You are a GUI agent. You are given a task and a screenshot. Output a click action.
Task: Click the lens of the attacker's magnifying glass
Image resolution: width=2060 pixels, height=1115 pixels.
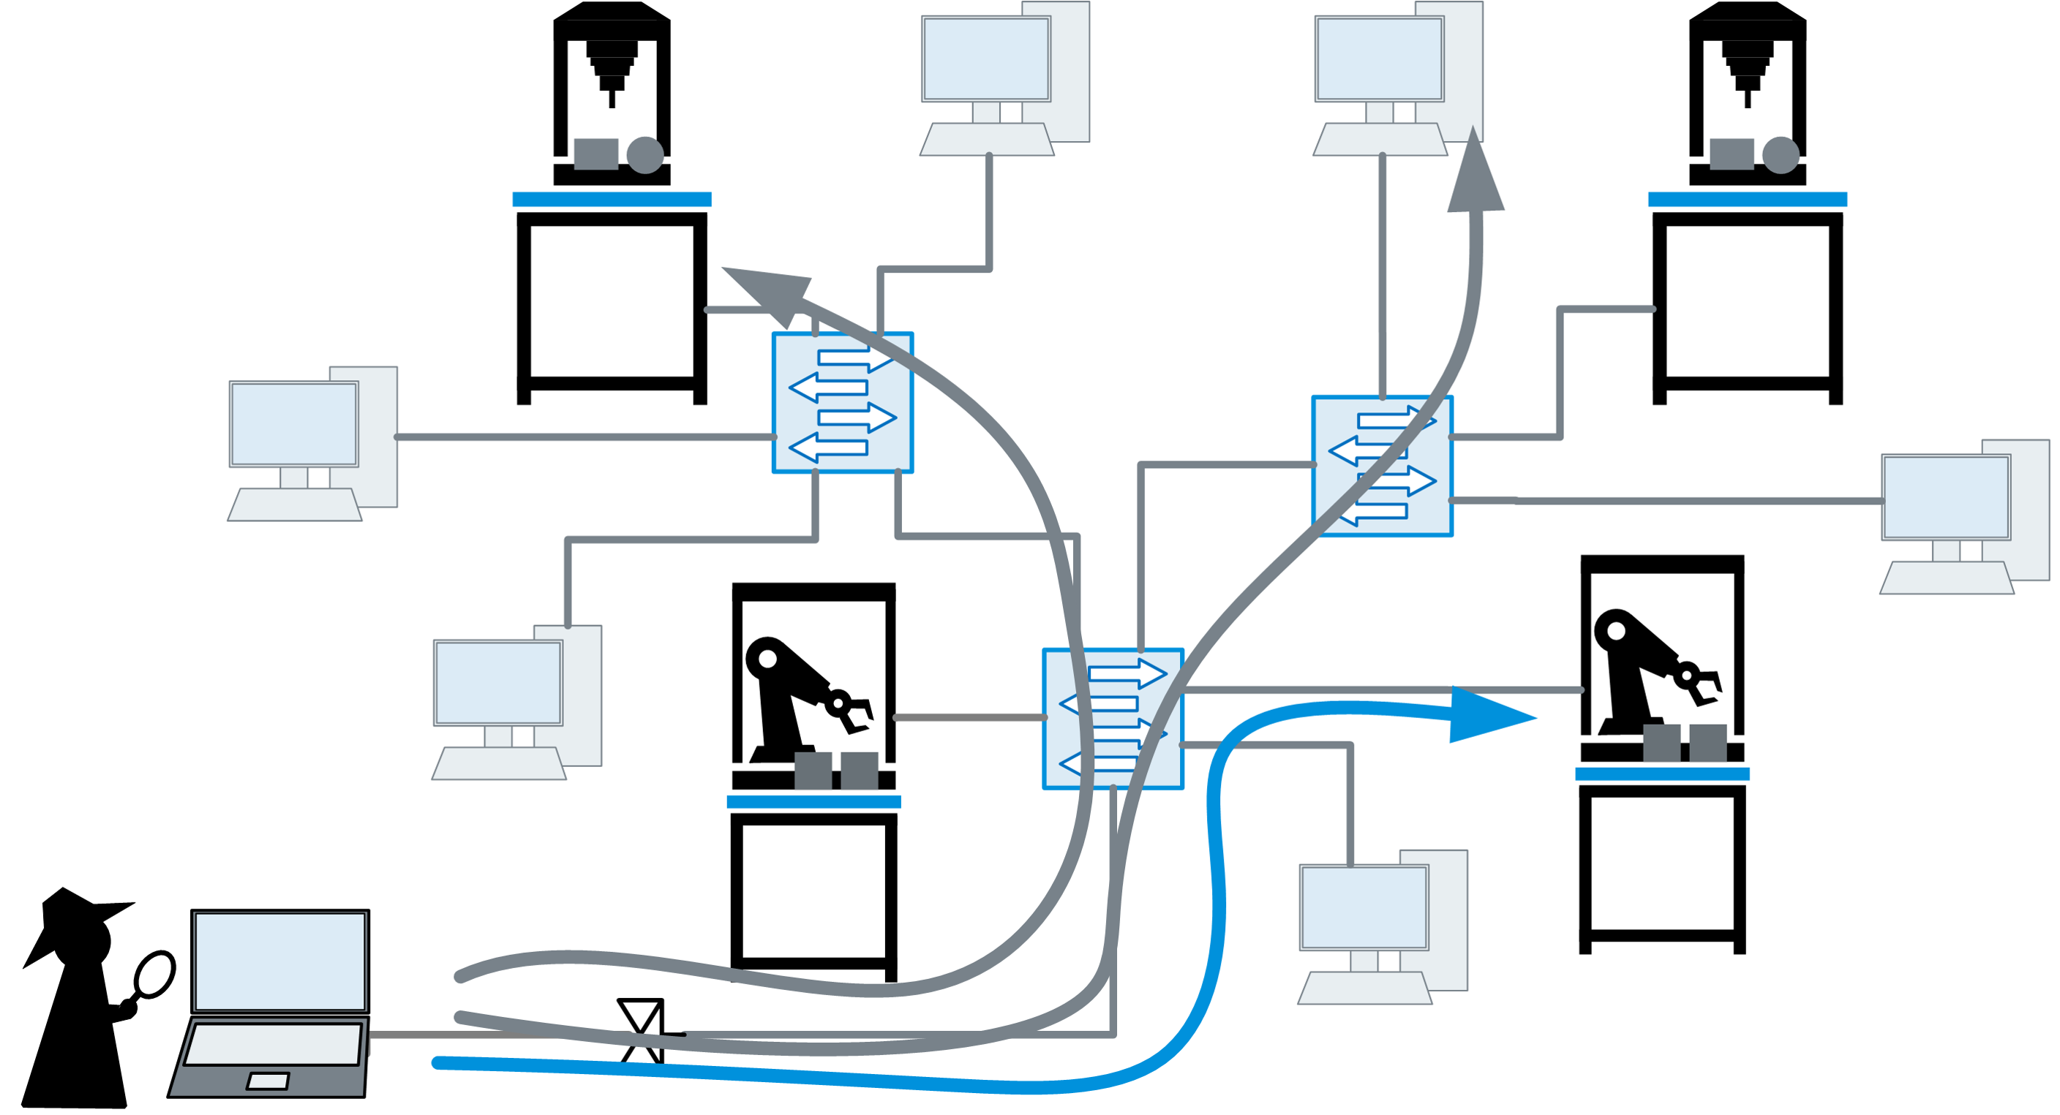click(154, 975)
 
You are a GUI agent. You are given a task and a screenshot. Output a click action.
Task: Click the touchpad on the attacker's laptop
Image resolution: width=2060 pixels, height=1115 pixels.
click(268, 1081)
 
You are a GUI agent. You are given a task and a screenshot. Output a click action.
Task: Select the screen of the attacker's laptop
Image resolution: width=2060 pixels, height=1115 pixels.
click(280, 961)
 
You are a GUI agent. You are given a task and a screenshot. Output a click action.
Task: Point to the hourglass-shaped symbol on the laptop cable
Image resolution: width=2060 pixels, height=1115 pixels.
click(642, 1031)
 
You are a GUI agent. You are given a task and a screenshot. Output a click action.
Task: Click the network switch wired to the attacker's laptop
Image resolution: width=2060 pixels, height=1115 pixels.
click(1113, 719)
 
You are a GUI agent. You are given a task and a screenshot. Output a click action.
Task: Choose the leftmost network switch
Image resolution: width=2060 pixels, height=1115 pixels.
click(842, 402)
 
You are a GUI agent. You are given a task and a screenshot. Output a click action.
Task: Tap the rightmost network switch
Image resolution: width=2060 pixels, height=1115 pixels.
click(1382, 466)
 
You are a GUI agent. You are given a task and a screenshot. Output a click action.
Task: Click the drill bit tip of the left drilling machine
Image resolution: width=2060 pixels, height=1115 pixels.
click(612, 101)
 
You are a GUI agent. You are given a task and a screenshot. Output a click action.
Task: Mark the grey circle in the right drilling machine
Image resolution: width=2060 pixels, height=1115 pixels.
click(1780, 155)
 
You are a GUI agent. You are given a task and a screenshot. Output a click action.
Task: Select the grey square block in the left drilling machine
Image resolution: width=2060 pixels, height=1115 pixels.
click(595, 154)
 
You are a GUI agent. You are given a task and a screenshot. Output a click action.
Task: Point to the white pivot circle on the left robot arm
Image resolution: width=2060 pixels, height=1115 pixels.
click(767, 659)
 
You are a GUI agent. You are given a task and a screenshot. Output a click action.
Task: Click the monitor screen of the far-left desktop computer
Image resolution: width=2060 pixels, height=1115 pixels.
click(293, 423)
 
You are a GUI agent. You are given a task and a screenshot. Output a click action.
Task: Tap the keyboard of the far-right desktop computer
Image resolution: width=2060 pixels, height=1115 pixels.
click(1947, 578)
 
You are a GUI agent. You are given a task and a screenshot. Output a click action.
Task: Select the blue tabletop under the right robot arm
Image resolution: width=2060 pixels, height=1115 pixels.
click(1662, 774)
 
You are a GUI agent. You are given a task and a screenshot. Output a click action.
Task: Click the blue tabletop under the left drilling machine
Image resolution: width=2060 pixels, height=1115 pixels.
click(612, 199)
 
